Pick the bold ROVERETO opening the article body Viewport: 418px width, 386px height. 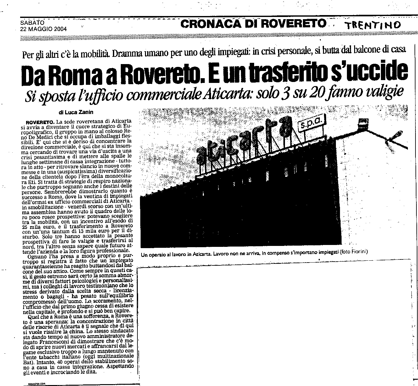click(39, 122)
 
